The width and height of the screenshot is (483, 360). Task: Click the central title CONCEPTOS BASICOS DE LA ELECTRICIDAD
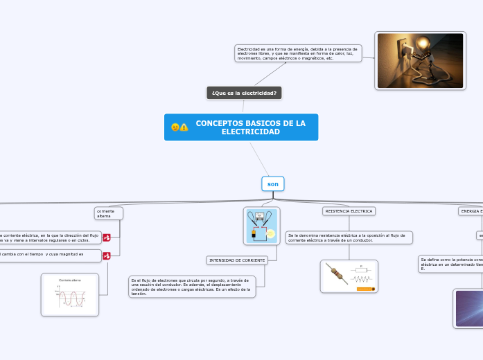click(x=250, y=127)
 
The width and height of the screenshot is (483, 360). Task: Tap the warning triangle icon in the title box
click(x=184, y=127)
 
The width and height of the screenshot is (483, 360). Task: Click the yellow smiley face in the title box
click(x=175, y=127)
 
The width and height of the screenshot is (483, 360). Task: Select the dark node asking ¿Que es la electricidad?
click(x=244, y=93)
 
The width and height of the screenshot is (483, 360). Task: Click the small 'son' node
click(x=273, y=183)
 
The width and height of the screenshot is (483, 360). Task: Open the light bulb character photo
click(x=419, y=60)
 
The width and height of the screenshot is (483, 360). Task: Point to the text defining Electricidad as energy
click(x=298, y=53)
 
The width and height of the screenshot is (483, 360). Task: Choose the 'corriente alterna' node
click(x=108, y=213)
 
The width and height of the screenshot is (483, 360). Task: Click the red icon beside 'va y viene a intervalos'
click(x=107, y=237)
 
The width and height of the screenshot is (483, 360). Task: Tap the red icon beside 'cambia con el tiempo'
click(x=107, y=256)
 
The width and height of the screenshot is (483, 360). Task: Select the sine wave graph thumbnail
click(x=70, y=295)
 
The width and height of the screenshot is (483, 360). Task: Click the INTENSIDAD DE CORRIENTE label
click(x=237, y=260)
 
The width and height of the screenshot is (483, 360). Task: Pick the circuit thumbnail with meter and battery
click(x=261, y=226)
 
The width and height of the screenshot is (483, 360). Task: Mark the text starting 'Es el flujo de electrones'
click(x=192, y=286)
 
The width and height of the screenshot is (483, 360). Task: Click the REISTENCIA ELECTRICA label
click(x=349, y=211)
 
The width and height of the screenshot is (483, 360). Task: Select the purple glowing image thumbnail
click(x=468, y=308)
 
